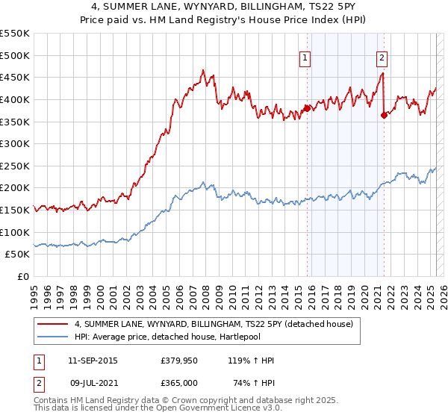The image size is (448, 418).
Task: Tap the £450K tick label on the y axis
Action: coord(15,77)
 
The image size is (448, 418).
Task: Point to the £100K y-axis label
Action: coord(15,232)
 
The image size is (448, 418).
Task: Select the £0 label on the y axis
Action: coord(22,276)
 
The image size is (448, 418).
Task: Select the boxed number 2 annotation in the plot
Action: coord(382,59)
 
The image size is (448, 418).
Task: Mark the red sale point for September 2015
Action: coord(308,107)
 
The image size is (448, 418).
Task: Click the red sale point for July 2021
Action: coord(384,114)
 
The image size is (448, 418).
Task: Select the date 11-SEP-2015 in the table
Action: coord(93,361)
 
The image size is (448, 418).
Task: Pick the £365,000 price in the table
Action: coord(179,381)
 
